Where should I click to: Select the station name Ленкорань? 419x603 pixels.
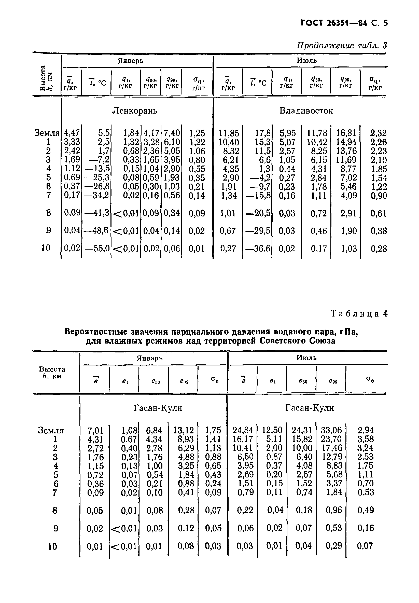(x=134, y=111)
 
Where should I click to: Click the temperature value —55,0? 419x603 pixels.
(x=97, y=249)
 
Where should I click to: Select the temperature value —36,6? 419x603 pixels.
(x=258, y=249)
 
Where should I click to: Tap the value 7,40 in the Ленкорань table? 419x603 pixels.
(x=172, y=133)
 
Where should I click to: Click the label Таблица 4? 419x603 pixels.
(x=359, y=313)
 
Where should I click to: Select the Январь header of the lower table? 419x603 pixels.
(x=150, y=358)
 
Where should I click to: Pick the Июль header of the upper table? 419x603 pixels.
(x=307, y=61)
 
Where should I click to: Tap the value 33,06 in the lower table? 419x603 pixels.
(x=331, y=430)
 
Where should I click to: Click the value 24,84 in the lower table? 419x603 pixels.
(x=243, y=430)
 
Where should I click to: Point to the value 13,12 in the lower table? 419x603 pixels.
(x=184, y=430)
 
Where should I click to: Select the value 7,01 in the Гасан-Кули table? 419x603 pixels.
(x=95, y=431)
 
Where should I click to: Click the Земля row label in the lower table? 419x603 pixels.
(x=51, y=431)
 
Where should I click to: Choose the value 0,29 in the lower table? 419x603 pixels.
(x=334, y=546)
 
